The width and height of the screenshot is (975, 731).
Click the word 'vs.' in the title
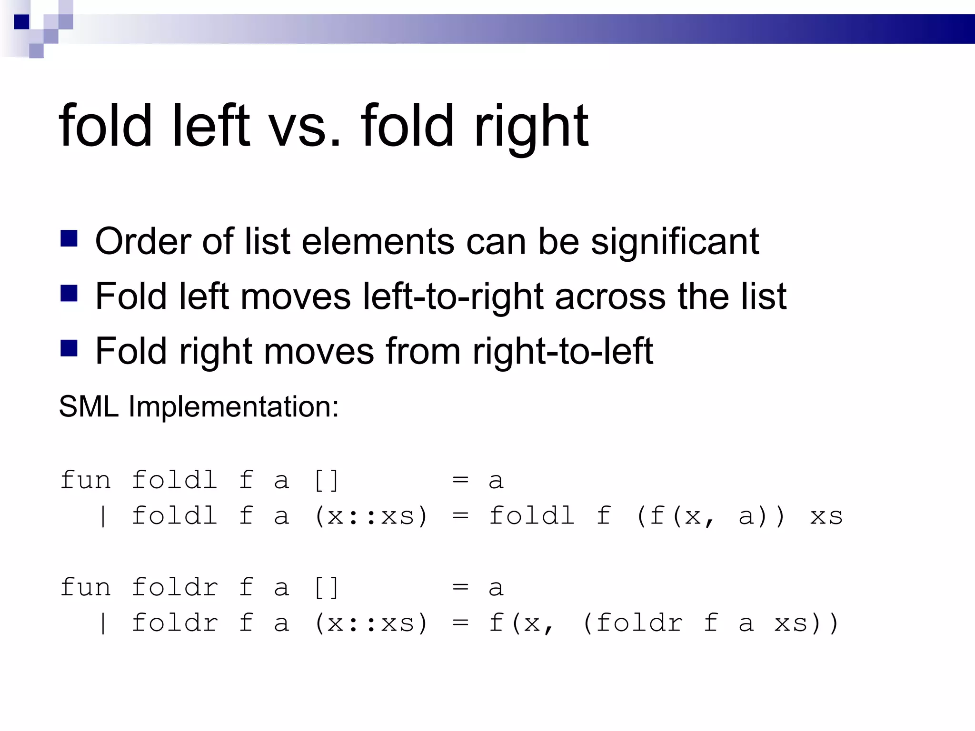point(305,126)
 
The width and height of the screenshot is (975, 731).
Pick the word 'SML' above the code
point(89,406)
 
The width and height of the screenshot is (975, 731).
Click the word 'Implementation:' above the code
point(233,407)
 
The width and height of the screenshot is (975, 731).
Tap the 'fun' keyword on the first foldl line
point(86,480)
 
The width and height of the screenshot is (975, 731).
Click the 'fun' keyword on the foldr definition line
point(86,587)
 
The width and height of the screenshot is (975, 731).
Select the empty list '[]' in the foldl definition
point(327,480)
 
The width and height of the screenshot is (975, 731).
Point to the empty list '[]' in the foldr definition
point(327,587)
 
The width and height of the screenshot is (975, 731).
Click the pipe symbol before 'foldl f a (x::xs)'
point(103,516)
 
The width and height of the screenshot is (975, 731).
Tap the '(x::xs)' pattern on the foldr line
point(371,623)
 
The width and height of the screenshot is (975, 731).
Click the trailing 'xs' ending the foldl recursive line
point(826,516)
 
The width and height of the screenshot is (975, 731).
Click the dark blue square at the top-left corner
point(21,22)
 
